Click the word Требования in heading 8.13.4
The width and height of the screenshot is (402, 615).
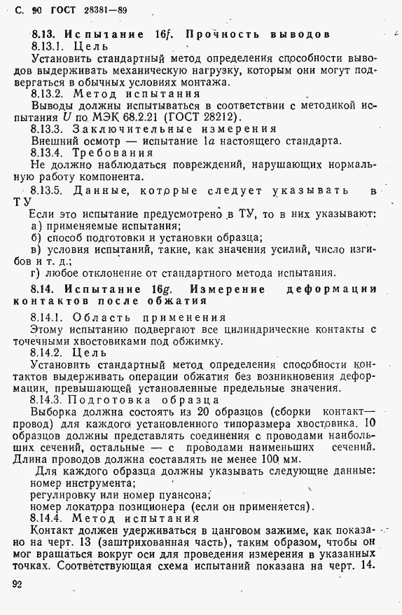[x=113, y=152]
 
